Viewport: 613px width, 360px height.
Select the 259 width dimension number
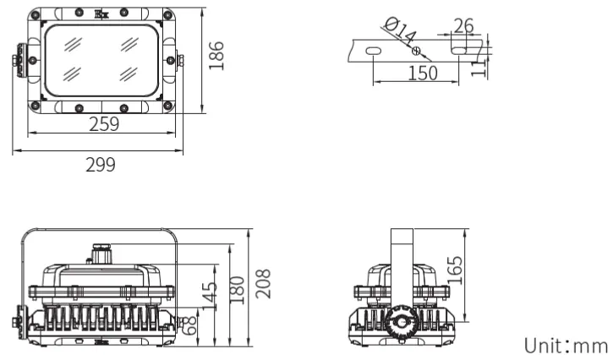104,124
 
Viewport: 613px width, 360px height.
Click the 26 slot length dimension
462,25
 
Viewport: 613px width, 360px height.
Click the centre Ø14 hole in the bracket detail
415,52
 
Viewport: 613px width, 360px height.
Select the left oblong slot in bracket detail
372,52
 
